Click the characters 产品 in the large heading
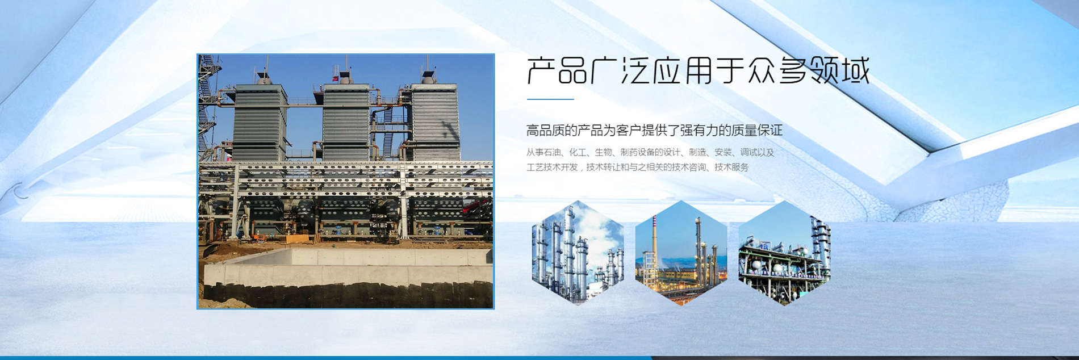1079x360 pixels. (x=557, y=71)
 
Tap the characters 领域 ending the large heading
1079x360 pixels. (x=839, y=71)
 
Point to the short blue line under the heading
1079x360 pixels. (x=550, y=99)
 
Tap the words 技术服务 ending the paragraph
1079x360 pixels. (x=731, y=167)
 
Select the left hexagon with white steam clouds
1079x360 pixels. (x=578, y=252)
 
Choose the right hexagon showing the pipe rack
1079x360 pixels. (x=784, y=252)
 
